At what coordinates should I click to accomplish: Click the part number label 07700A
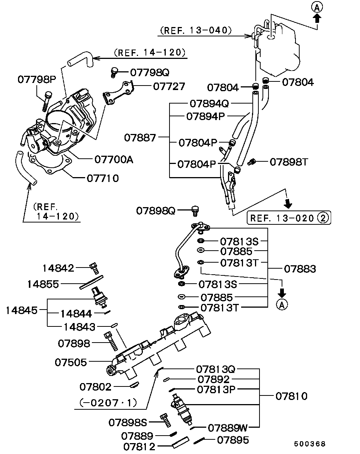(x=114, y=160)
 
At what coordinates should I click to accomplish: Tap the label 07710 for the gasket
(x=103, y=179)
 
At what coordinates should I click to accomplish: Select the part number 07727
(x=169, y=87)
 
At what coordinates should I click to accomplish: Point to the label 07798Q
(x=150, y=72)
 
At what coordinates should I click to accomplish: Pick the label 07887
(x=140, y=138)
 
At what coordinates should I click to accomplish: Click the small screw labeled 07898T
(x=251, y=162)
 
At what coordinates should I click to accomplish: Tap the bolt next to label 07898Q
(x=195, y=211)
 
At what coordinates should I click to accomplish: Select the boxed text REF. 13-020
(x=282, y=218)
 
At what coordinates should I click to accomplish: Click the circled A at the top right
(x=317, y=8)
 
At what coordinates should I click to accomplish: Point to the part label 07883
(x=300, y=269)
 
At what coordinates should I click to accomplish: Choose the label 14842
(x=58, y=268)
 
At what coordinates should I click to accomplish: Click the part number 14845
(x=22, y=310)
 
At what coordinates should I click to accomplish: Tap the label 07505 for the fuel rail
(x=71, y=362)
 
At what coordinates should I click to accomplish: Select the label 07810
(x=291, y=396)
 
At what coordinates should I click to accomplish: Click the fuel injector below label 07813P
(x=181, y=409)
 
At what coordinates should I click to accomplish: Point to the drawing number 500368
(x=310, y=444)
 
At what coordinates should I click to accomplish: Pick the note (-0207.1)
(x=108, y=403)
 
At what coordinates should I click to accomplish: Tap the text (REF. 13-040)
(x=196, y=31)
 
